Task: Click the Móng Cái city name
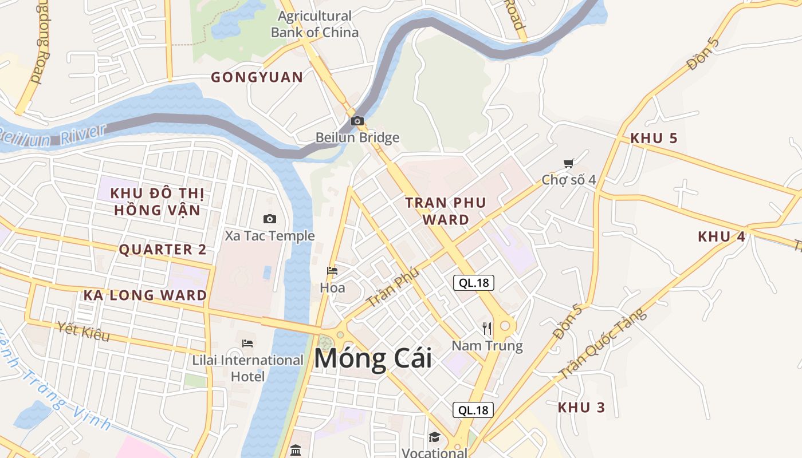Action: point(372,360)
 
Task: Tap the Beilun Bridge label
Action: point(357,138)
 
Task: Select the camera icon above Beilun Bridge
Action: point(357,121)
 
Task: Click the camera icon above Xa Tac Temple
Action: point(270,219)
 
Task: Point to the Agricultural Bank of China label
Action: point(314,24)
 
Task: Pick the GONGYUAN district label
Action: point(257,77)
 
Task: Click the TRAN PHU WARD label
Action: point(446,211)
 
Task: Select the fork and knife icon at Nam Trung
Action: point(487,328)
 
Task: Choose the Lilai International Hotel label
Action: point(247,368)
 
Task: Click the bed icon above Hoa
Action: point(332,271)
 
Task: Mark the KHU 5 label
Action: point(654,138)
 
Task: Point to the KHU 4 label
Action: point(721,236)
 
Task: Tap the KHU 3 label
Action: point(581,408)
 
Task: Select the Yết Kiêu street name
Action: point(84,331)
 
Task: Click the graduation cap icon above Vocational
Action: point(434,437)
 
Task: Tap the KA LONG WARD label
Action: point(145,295)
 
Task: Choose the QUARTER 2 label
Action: point(162,250)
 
